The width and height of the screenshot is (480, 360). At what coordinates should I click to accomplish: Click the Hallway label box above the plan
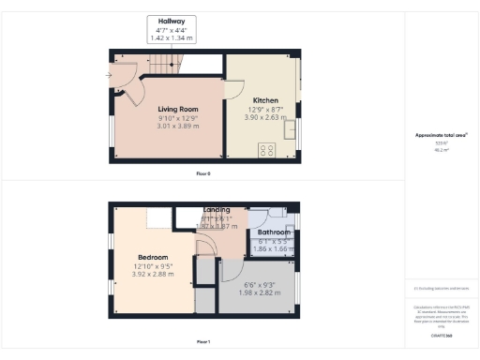point(172,29)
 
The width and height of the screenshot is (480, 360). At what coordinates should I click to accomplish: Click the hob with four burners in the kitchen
point(266,148)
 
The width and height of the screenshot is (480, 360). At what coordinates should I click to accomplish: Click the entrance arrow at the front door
point(110,75)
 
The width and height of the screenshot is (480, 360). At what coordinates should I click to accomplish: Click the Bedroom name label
point(153,257)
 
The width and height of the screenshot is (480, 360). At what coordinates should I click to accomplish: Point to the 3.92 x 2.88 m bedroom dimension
point(153,277)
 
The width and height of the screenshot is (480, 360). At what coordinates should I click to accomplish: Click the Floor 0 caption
point(203,173)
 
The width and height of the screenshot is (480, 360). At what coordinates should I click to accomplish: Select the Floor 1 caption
point(203,341)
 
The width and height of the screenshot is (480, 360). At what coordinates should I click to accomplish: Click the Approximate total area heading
point(441,135)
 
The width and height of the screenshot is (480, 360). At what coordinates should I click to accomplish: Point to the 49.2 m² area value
point(440,149)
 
